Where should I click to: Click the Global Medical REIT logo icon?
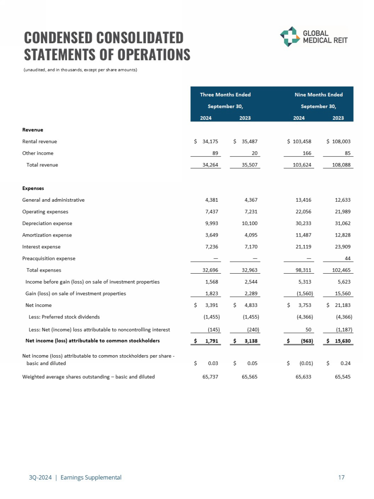tap(289, 37)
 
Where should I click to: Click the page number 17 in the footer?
tap(342, 477)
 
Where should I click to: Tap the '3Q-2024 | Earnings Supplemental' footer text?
tap(72, 477)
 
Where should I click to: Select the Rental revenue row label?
tap(39, 141)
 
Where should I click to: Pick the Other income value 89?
tap(215, 153)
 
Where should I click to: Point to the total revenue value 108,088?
tap(341, 165)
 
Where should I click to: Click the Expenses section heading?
tap(33, 188)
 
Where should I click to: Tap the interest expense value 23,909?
tap(342, 247)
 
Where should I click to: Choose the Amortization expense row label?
tap(47, 235)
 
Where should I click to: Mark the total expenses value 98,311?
tap(303, 270)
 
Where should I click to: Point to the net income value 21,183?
tap(342, 305)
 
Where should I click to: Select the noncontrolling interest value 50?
tap(309, 330)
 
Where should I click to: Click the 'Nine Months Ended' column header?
tap(318, 94)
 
